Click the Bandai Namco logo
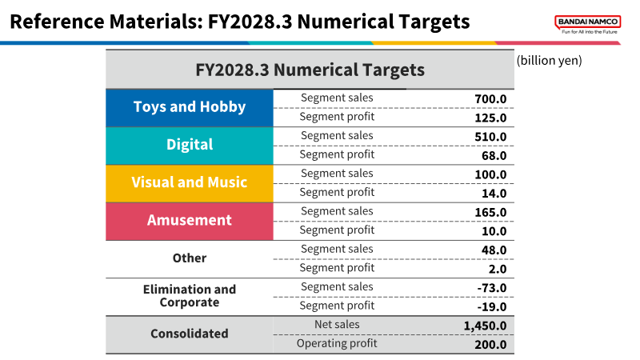pyautogui.click(x=588, y=24)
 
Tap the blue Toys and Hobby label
pyautogui.click(x=190, y=107)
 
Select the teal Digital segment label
pyautogui.click(x=190, y=145)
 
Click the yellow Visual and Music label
pyautogui.click(x=190, y=182)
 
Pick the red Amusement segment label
pyautogui.click(x=190, y=220)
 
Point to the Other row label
pyautogui.click(x=190, y=258)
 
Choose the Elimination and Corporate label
pyautogui.click(x=190, y=296)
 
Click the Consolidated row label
pyautogui.click(x=190, y=334)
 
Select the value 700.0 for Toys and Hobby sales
pyautogui.click(x=490, y=98)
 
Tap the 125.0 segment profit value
pyautogui.click(x=490, y=118)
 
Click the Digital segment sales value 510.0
pyautogui.click(x=490, y=137)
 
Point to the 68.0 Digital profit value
pyautogui.click(x=494, y=155)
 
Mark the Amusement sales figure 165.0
pyautogui.click(x=490, y=212)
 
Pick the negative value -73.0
pyautogui.click(x=492, y=288)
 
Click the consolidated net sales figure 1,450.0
pyautogui.click(x=485, y=326)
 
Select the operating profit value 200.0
pyautogui.click(x=490, y=345)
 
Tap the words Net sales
pyautogui.click(x=337, y=325)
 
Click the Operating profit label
pyautogui.click(x=337, y=344)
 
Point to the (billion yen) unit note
pyautogui.click(x=549, y=61)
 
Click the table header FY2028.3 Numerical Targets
pyautogui.click(x=310, y=70)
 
